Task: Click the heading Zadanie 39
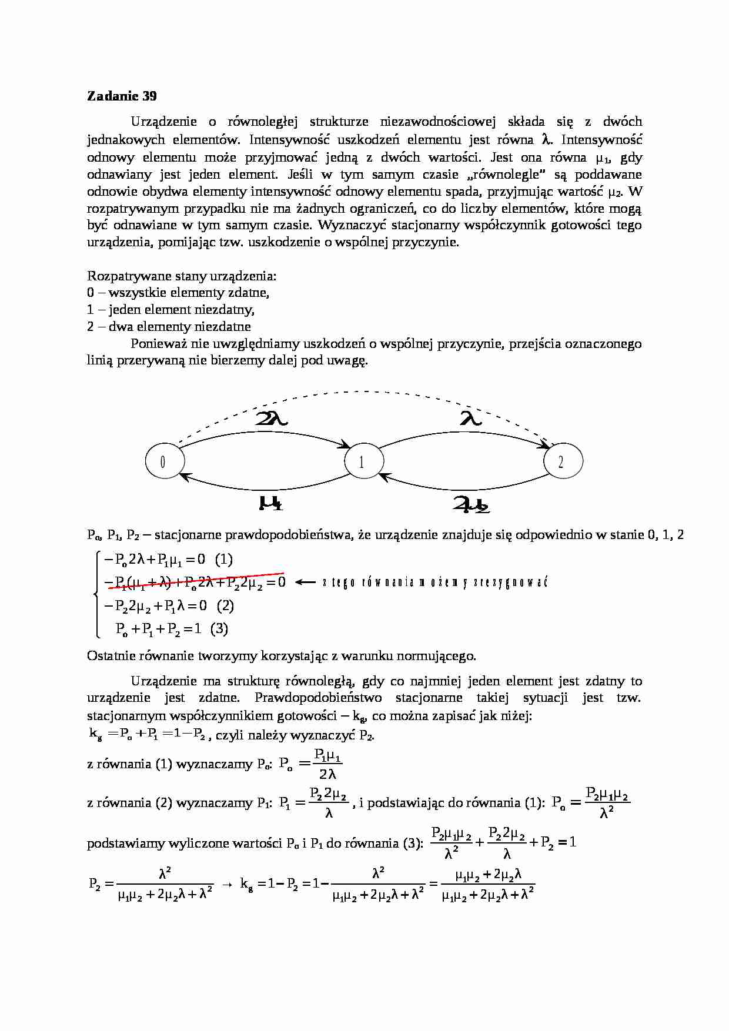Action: tap(122, 96)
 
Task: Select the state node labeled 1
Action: tap(362, 462)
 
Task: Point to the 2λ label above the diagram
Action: tap(272, 418)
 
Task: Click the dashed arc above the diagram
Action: tap(364, 392)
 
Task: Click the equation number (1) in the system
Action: tap(224, 559)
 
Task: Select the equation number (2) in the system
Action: tap(225, 605)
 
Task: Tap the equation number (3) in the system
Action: tap(219, 628)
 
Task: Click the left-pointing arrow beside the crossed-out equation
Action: tap(305, 583)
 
